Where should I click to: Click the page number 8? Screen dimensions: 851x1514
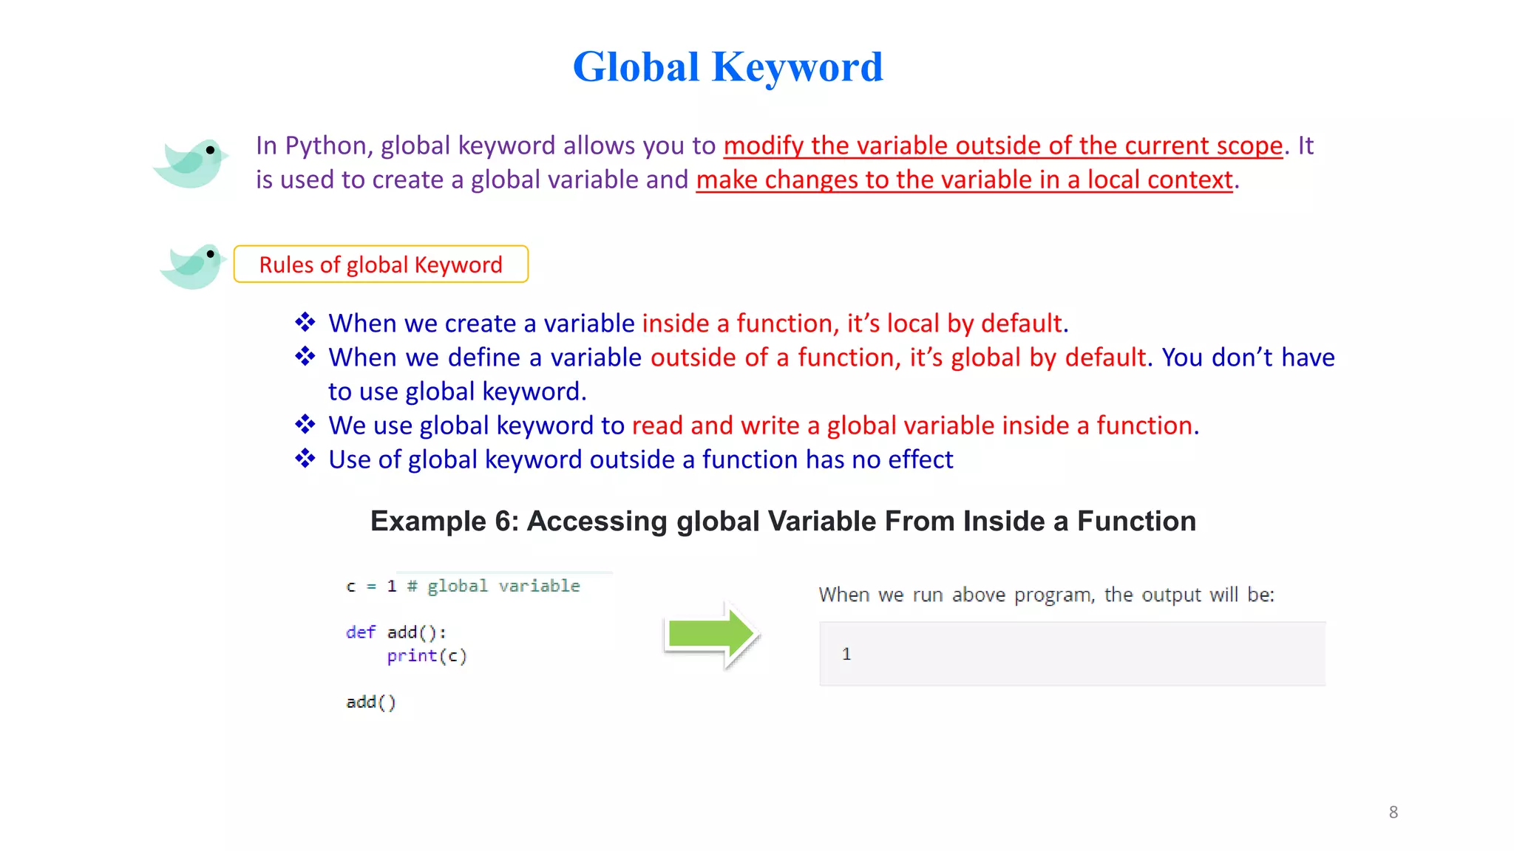pyautogui.click(x=1393, y=812)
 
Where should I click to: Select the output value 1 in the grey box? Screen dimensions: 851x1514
pyautogui.click(x=846, y=654)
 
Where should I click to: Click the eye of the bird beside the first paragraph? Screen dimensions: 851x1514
pyautogui.click(x=211, y=150)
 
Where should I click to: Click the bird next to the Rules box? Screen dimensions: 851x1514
pyautogui.click(x=192, y=267)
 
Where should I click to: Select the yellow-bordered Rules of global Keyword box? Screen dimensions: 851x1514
pyautogui.click(x=381, y=264)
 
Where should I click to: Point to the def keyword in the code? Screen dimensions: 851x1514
pyautogui.click(x=360, y=632)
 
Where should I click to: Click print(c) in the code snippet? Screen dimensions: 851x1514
pyautogui.click(x=427, y=656)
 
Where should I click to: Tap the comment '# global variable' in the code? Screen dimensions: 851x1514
pyautogui.click(x=493, y=587)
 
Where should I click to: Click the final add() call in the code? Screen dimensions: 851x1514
pyautogui.click(x=370, y=702)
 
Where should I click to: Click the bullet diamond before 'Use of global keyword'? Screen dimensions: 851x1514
pyautogui.click(x=305, y=459)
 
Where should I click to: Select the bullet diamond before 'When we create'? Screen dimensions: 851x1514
pyautogui.click(x=305, y=323)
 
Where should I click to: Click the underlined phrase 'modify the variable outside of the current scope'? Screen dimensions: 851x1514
pyautogui.click(x=1002, y=146)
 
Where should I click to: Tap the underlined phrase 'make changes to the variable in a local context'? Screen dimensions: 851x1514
pyautogui.click(x=964, y=180)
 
